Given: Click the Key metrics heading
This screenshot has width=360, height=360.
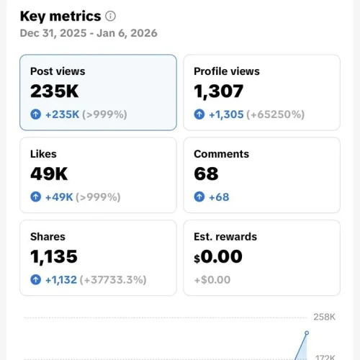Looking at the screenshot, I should [x=60, y=16].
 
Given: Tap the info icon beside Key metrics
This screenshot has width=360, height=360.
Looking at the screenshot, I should [x=110, y=16].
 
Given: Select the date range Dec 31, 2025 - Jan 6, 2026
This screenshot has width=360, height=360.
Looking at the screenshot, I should [x=89, y=33].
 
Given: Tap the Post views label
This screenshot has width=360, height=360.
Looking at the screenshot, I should [x=58, y=71].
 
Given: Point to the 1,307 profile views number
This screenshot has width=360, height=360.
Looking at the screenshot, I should [x=219, y=91].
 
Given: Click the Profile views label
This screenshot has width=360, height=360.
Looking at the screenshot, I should [x=227, y=71].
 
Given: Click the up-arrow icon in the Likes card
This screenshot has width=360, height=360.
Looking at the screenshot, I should [x=35, y=197].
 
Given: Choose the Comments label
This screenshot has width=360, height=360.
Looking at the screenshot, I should [x=221, y=153].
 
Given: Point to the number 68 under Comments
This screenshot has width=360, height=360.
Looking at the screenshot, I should [x=207, y=174].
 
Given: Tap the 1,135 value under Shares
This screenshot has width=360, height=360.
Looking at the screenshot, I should [x=55, y=256].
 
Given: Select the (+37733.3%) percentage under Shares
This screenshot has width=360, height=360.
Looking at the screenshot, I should [x=116, y=279].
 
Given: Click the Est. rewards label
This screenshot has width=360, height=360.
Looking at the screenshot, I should [x=225, y=236].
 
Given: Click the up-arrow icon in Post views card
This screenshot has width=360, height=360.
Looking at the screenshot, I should [x=35, y=114].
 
